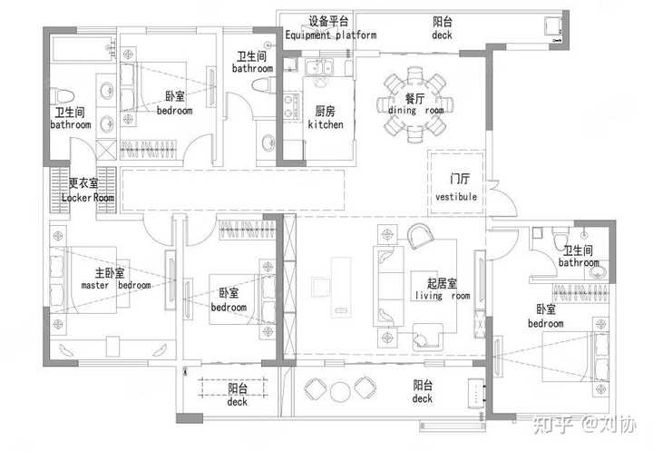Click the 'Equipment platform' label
[x=331, y=35]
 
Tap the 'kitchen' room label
[x=326, y=124]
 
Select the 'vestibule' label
[x=456, y=197]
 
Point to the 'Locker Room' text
[x=88, y=198]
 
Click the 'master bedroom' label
[x=116, y=286]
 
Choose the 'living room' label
[x=443, y=296]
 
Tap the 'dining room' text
[x=415, y=111]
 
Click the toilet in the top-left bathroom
[x=62, y=96]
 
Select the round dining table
[x=415, y=104]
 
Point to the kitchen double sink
[x=319, y=67]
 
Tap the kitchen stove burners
[x=291, y=106]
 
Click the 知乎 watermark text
[x=552, y=425]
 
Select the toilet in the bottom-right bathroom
[x=560, y=238]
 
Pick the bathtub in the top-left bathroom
[x=83, y=50]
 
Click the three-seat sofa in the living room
[x=388, y=287]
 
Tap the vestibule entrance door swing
[x=503, y=199]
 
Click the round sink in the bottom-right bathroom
[x=599, y=273]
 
